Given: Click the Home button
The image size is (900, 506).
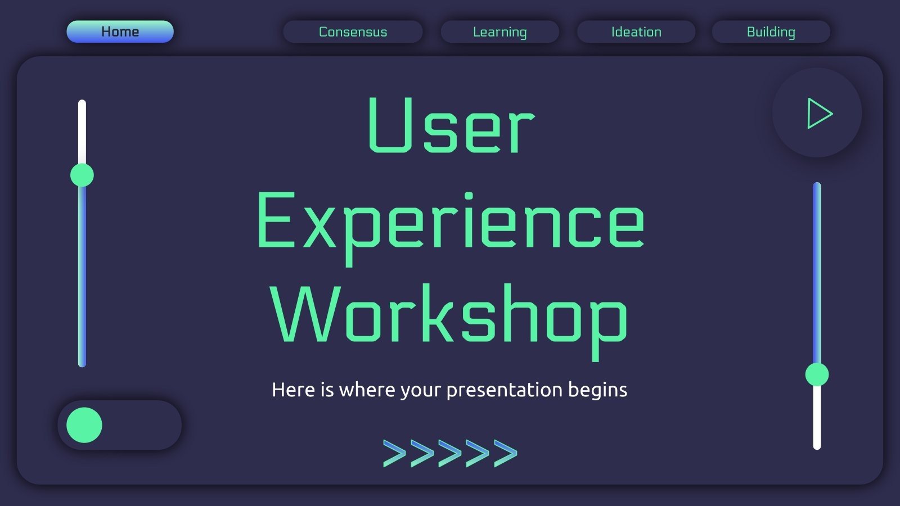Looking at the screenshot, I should tap(120, 31).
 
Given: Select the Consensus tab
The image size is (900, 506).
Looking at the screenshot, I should tap(353, 31).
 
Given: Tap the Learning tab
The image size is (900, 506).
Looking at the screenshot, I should tap(499, 31).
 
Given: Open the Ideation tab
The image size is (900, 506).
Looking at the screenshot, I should tap(636, 31).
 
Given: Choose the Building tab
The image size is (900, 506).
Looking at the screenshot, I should tap(771, 31).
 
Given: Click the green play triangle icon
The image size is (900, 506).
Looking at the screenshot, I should tap(818, 113).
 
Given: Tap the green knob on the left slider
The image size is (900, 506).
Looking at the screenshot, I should tap(82, 175).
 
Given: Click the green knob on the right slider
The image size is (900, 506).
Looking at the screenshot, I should tap(817, 374).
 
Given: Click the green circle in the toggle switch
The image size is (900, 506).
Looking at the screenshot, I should tap(84, 425).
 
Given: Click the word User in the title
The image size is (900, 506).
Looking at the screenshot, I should tap(450, 126).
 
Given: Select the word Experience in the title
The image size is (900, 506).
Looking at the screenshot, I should tap(450, 222).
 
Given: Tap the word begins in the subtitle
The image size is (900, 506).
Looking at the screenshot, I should tap(597, 390).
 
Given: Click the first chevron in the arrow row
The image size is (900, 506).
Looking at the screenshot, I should tap(394, 453).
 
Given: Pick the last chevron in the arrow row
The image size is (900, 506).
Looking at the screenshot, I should tap(506, 453).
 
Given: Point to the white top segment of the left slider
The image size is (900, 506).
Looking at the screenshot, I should tap(82, 132).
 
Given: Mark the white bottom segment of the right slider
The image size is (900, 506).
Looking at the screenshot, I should tap(817, 419).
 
